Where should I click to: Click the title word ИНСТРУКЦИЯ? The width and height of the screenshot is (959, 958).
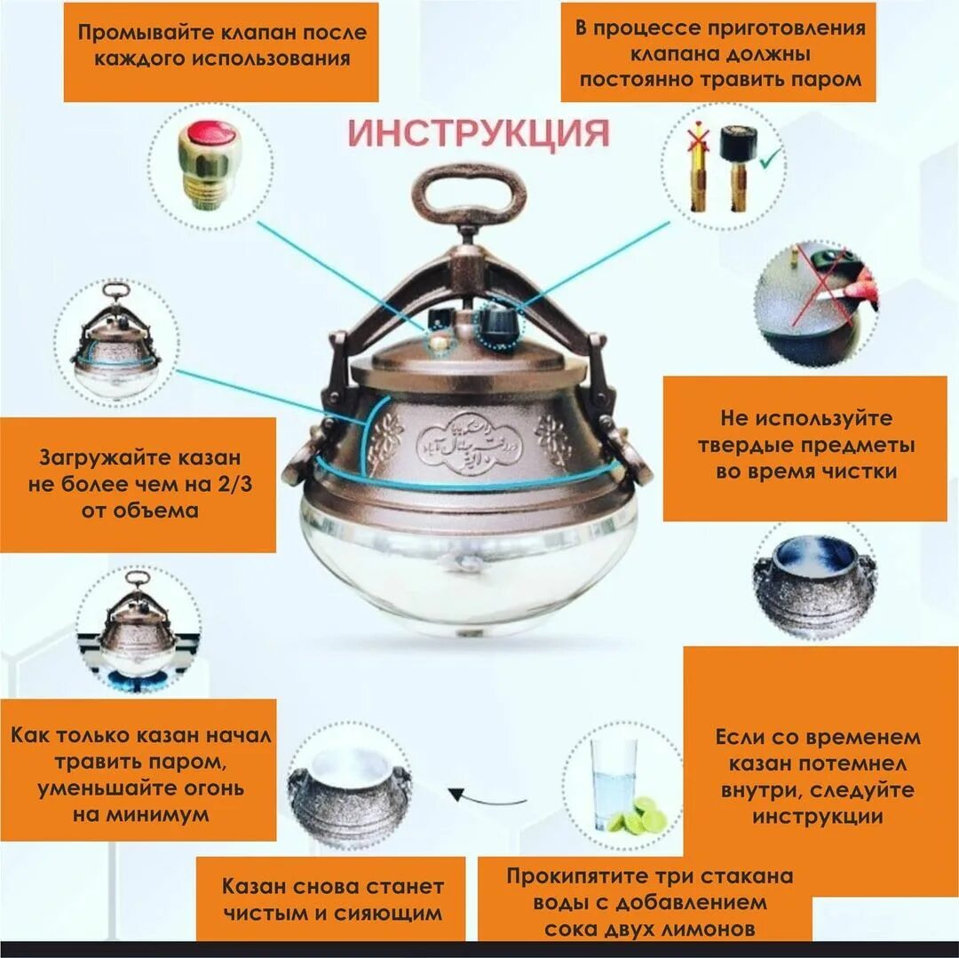pyautogui.click(x=479, y=133)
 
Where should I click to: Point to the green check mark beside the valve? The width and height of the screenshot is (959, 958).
pyautogui.click(x=769, y=159)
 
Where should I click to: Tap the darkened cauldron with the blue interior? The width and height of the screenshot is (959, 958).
pyautogui.click(x=815, y=581)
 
